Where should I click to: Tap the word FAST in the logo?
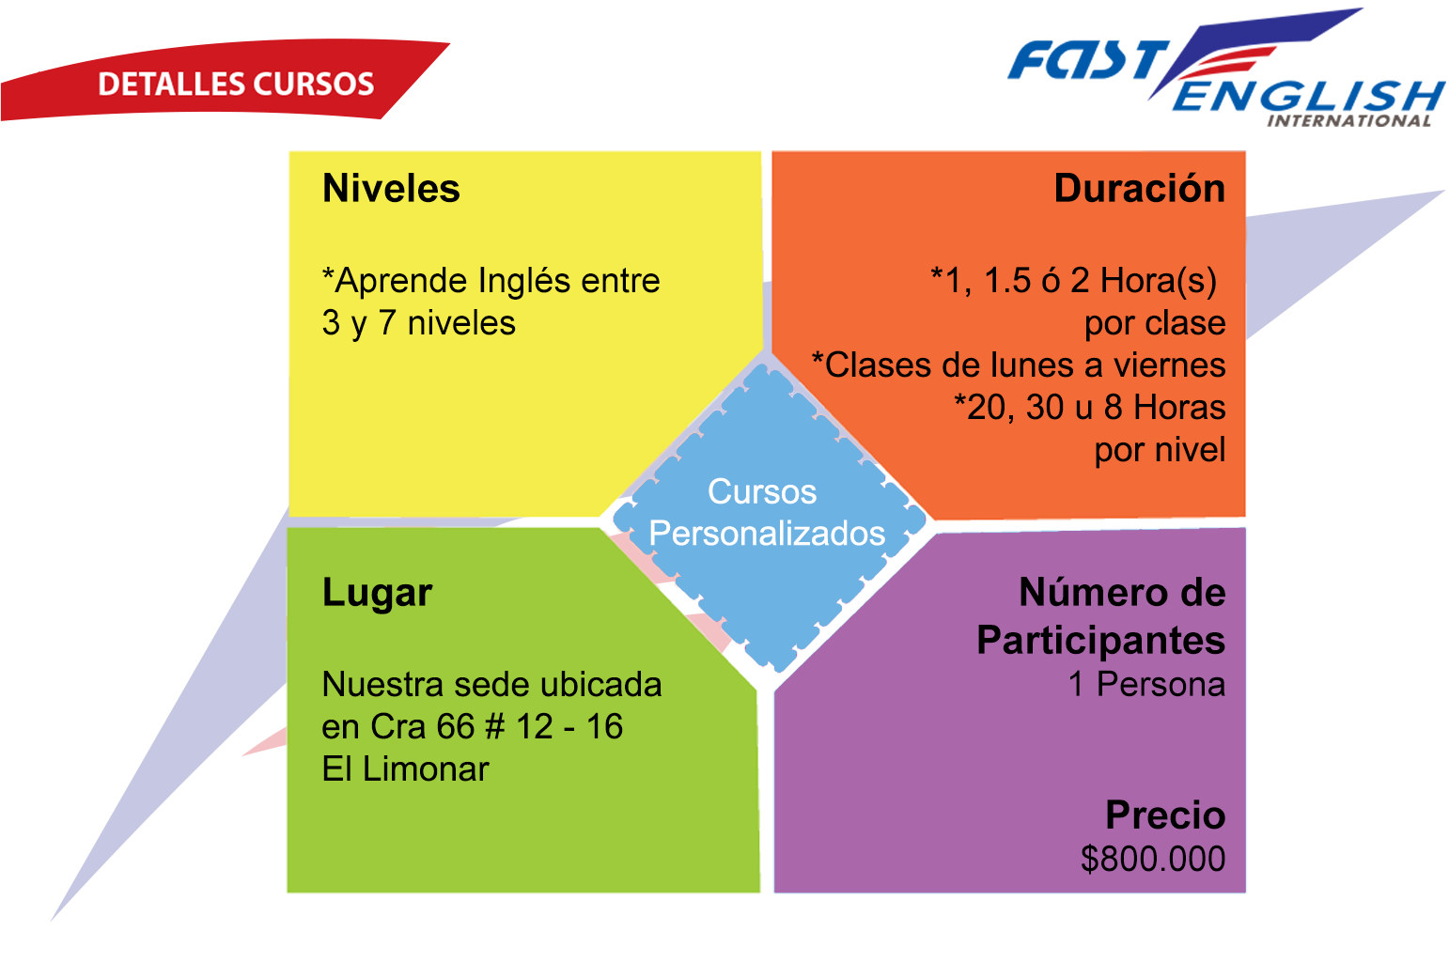click(1089, 59)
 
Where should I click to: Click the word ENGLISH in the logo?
click(1308, 97)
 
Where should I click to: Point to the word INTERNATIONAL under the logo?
click(1348, 121)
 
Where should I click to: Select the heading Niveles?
click(391, 188)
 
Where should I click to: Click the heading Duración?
click(1140, 188)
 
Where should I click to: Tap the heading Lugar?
click(377, 593)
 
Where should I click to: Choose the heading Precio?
click(1165, 815)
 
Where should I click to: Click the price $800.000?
click(1153, 859)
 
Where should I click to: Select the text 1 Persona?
click(1146, 684)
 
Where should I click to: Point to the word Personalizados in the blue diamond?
click(767, 534)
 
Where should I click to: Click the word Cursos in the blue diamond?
click(762, 491)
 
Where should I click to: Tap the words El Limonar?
click(405, 768)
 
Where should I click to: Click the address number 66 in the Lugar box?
click(456, 727)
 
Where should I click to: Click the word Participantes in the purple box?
click(1101, 641)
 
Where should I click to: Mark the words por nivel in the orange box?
click(1160, 450)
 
